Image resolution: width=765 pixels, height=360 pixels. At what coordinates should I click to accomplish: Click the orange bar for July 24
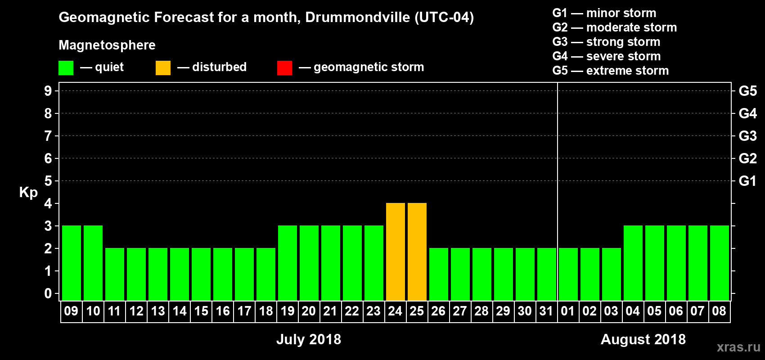pos(395,252)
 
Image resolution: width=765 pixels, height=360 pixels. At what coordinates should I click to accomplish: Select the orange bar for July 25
pos(417,252)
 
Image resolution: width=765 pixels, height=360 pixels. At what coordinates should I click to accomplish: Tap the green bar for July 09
pos(71,263)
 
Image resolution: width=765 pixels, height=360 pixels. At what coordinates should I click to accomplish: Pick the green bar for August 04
pos(633,263)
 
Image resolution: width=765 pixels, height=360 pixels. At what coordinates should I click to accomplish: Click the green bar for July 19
pos(287,263)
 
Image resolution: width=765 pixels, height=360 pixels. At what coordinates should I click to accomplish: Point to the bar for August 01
pos(568,274)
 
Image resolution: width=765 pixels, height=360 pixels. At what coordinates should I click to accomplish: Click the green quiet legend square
pos(66,68)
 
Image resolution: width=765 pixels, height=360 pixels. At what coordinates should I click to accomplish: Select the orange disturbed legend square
pos(163,68)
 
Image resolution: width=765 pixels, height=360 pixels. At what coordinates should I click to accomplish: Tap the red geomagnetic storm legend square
pos(284,68)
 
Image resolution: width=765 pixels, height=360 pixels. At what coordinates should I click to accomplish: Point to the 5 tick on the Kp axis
pos(48,181)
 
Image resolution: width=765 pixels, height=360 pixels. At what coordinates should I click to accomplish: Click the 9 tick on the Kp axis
pos(48,91)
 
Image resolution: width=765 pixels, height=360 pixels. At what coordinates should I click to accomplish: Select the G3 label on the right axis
pos(747,136)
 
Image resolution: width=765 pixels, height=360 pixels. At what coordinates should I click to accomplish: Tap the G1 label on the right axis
pos(747,181)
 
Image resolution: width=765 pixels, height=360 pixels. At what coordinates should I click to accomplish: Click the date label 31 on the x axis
pos(546,311)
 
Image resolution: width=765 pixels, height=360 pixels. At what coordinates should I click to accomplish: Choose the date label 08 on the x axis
pos(719,311)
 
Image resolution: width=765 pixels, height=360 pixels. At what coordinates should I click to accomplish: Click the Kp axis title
pos(28,192)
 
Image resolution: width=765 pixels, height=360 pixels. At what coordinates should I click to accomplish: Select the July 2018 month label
pos(309,339)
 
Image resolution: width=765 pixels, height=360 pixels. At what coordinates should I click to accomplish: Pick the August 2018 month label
pos(643,339)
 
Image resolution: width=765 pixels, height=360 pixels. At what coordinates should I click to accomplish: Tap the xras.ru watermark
pos(738,347)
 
